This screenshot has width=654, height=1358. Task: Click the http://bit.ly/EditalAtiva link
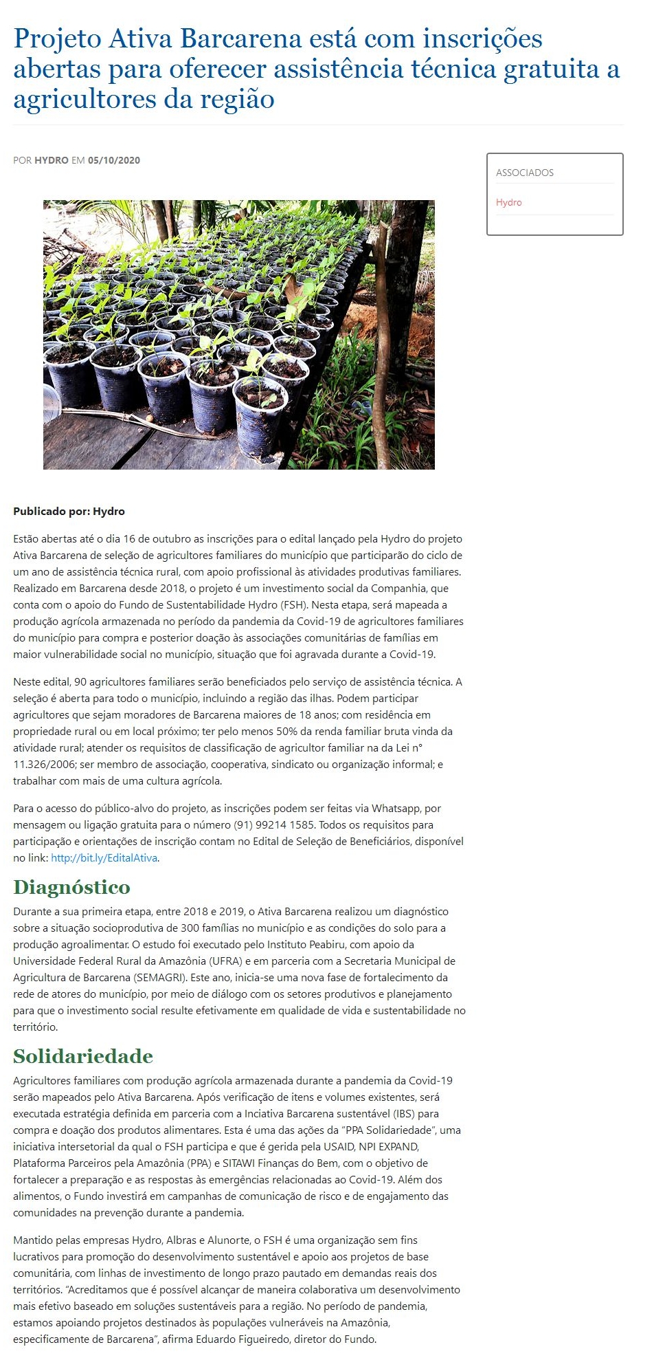[x=104, y=857]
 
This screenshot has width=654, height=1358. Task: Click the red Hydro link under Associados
[x=508, y=202]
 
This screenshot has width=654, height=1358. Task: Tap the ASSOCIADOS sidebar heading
[x=524, y=173]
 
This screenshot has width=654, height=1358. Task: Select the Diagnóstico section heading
[x=71, y=887]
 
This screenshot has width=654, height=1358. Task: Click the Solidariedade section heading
[x=83, y=1056]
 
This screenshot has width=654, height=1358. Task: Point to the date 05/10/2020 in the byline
[x=114, y=160]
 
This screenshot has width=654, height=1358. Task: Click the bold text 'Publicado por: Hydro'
[x=69, y=511]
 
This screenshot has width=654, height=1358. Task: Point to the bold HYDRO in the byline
[x=52, y=160]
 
